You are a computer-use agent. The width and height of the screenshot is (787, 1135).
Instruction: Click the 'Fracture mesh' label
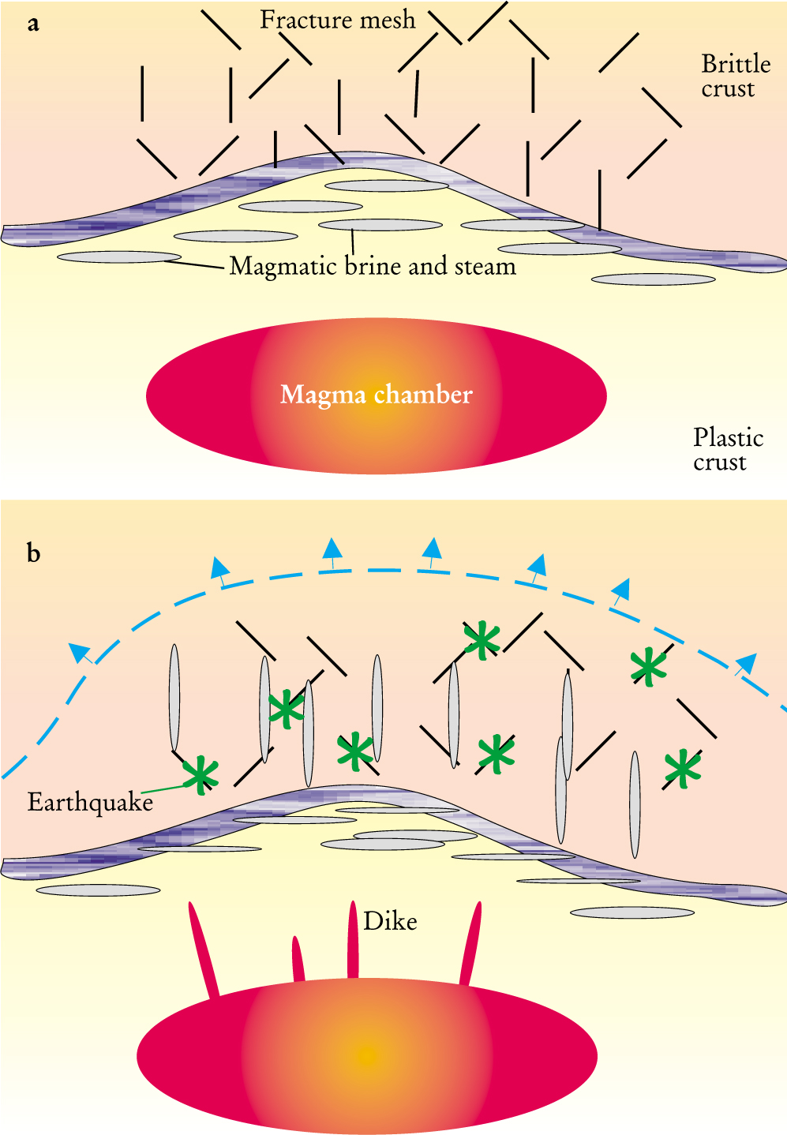[x=337, y=20]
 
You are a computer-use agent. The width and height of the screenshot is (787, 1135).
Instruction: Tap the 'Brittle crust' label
[x=734, y=76]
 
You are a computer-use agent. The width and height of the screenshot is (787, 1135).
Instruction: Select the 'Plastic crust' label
[x=727, y=449]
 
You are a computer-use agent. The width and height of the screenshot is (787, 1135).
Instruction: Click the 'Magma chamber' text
[x=376, y=395]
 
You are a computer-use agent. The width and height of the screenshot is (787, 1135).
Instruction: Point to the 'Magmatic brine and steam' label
[x=372, y=267]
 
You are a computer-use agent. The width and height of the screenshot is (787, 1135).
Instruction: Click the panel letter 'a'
[x=33, y=24]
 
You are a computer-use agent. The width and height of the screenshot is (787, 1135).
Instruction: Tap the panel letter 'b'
[x=33, y=553]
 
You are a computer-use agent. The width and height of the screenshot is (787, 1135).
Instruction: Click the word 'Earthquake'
[x=90, y=803]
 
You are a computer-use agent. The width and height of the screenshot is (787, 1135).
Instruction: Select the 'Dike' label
[x=390, y=922]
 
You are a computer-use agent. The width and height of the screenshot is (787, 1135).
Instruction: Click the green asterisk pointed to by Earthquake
[x=200, y=775]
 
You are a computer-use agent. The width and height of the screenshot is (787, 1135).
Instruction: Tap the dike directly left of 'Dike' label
[x=353, y=939]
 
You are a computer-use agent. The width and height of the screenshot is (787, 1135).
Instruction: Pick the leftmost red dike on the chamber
[x=202, y=950]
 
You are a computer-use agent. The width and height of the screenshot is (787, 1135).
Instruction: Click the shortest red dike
[x=298, y=959]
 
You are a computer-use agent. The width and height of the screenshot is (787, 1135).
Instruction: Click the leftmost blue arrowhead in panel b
[x=79, y=652]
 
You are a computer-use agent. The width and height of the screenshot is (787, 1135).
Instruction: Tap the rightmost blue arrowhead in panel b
[x=745, y=663]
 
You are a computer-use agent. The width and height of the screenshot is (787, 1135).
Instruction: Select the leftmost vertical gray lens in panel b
[x=174, y=698]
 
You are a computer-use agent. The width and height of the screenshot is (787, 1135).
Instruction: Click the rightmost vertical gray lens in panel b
[x=635, y=804]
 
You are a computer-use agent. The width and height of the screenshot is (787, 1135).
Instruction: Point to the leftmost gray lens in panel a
[x=119, y=257]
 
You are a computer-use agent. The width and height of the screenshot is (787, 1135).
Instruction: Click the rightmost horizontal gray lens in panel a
[x=654, y=279]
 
